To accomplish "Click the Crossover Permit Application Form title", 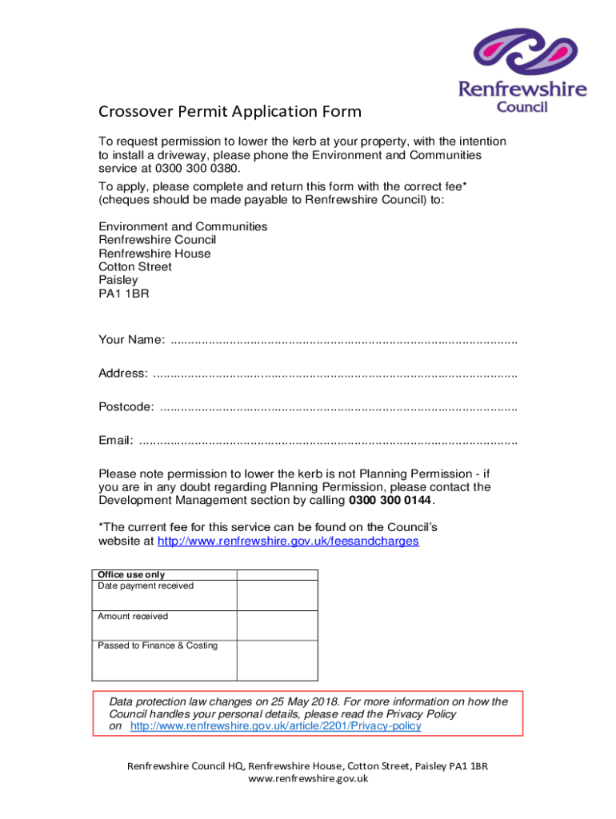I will click(x=230, y=111).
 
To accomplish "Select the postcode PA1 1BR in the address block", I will click(x=123, y=294).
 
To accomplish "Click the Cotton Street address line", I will click(x=134, y=266).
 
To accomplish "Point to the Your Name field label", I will click(x=131, y=341).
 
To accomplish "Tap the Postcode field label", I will click(x=126, y=407).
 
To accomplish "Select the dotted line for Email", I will click(x=328, y=441).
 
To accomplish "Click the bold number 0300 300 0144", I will click(x=390, y=500).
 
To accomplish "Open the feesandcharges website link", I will click(x=288, y=541).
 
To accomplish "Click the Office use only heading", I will click(x=131, y=574).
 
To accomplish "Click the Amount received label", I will click(x=133, y=616).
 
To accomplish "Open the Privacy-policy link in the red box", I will click(x=275, y=726).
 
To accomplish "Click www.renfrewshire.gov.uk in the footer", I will click(x=308, y=778).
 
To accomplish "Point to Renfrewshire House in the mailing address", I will click(x=154, y=254).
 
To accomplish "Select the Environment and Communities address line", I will click(x=182, y=226).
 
